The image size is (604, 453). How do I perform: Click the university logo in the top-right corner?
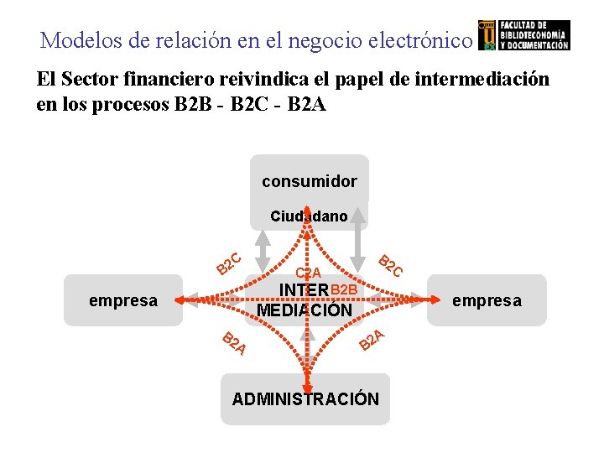point(523,35)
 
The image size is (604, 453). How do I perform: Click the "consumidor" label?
point(309,181)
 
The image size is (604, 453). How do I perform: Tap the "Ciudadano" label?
point(309,216)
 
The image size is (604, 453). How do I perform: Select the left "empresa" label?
point(123,299)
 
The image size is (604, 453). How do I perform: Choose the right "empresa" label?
point(487,299)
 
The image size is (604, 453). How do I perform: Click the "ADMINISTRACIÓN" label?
point(305,398)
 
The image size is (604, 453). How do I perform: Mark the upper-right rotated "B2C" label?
point(391,265)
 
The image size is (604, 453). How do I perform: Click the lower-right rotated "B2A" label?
point(372,339)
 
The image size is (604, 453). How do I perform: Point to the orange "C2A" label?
point(309,273)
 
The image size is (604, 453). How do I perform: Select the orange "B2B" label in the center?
point(345,290)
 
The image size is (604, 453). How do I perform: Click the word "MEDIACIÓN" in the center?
point(305,310)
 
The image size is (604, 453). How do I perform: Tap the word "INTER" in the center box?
point(304,291)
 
